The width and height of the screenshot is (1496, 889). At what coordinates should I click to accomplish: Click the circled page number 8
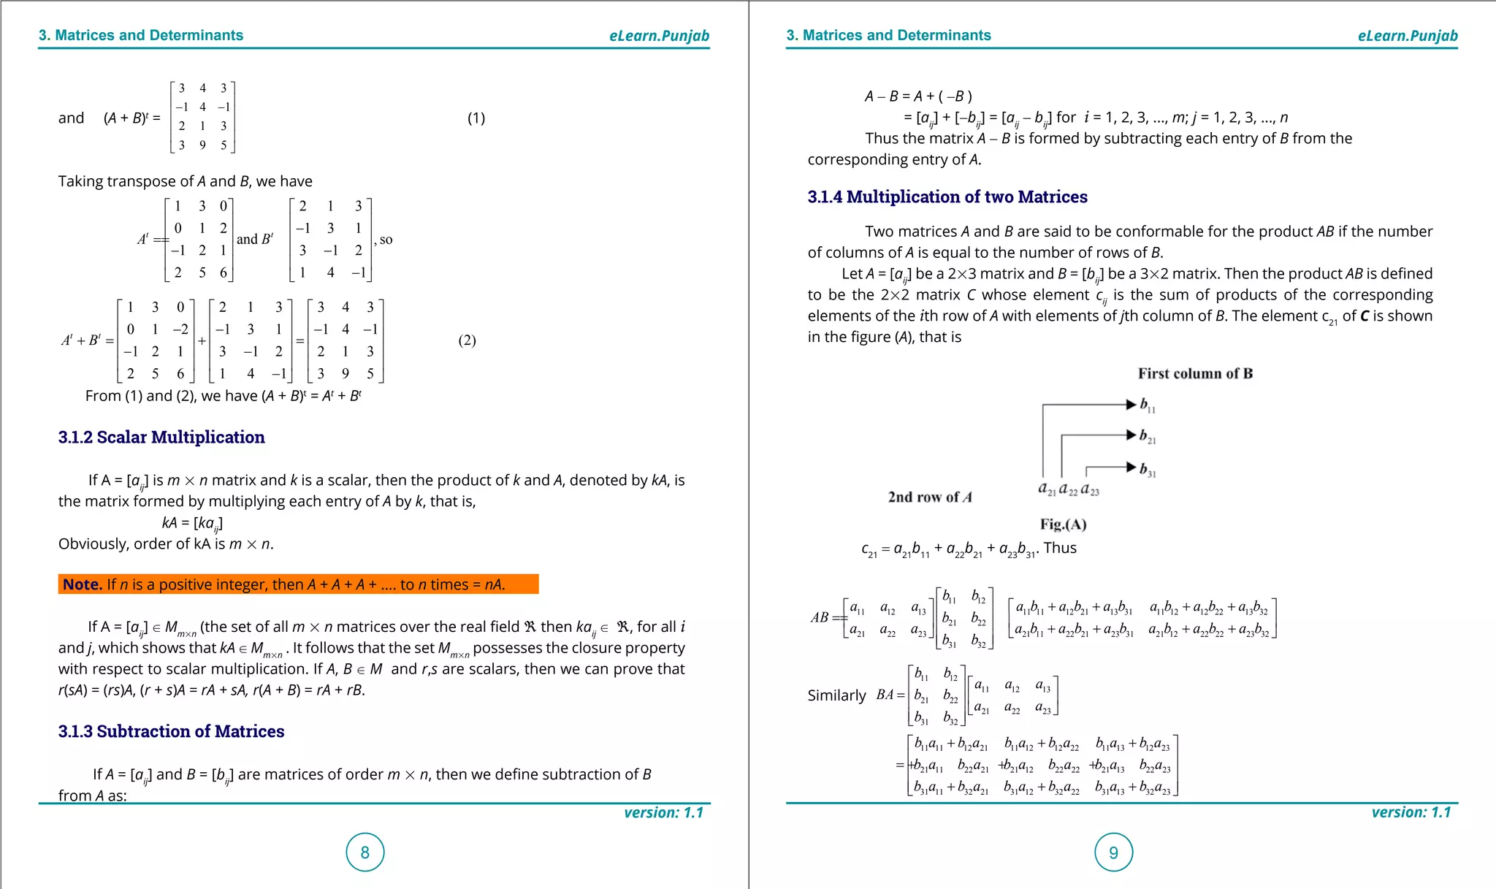tap(365, 852)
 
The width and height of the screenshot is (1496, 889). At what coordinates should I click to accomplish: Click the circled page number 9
tap(1113, 852)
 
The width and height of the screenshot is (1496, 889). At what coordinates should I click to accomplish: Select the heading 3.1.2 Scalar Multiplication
tap(161, 437)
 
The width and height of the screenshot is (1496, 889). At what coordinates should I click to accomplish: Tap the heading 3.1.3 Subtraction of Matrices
tap(171, 731)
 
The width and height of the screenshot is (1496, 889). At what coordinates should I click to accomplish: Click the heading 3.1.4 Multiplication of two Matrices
tap(947, 197)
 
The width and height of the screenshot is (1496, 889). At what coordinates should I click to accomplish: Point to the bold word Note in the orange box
tap(82, 584)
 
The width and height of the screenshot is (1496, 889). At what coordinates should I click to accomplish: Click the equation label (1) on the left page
tap(476, 118)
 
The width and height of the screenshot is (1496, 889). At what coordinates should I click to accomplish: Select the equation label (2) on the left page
tap(467, 340)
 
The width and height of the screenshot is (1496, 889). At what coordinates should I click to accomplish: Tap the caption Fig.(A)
tap(1063, 524)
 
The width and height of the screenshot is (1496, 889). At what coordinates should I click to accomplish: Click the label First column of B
tap(1195, 373)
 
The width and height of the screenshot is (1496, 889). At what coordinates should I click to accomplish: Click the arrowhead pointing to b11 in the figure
tap(1131, 404)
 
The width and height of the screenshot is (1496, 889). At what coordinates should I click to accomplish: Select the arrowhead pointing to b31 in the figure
tap(1131, 468)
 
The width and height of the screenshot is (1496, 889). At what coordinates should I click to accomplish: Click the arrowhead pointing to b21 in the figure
tap(1131, 435)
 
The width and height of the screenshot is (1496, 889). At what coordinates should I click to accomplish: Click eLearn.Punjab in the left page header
tap(659, 36)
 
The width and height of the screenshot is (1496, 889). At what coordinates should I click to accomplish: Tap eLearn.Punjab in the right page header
tap(1407, 36)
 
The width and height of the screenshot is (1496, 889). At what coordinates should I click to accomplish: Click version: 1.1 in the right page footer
tap(1411, 812)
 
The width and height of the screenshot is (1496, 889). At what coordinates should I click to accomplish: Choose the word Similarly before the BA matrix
tap(836, 695)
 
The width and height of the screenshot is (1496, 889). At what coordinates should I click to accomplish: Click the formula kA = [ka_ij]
tap(192, 523)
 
